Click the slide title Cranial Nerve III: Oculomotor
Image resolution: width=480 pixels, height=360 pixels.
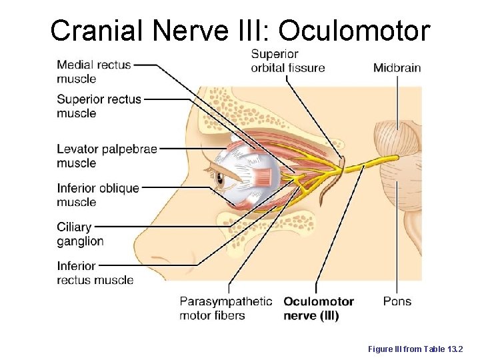click(x=240, y=30)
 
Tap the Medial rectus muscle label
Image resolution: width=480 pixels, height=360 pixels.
click(x=94, y=72)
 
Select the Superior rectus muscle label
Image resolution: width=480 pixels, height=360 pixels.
click(x=99, y=106)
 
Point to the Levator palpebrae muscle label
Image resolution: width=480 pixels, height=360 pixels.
click(x=107, y=156)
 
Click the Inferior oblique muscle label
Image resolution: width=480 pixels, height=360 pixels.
click(x=97, y=195)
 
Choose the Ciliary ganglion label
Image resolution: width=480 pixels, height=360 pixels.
click(x=80, y=234)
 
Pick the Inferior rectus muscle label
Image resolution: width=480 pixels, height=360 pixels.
click(x=95, y=273)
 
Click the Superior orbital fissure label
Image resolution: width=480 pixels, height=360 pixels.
click(x=287, y=61)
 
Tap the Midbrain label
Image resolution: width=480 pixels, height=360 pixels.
click(x=397, y=67)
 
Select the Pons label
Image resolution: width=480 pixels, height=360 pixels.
click(x=397, y=301)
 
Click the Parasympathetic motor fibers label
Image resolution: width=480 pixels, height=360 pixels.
click(x=225, y=309)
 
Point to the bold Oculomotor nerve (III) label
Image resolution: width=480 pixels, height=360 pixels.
click(x=319, y=309)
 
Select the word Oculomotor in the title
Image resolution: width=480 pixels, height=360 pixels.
click(x=354, y=30)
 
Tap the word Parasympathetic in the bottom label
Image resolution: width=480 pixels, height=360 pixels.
click(x=225, y=301)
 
